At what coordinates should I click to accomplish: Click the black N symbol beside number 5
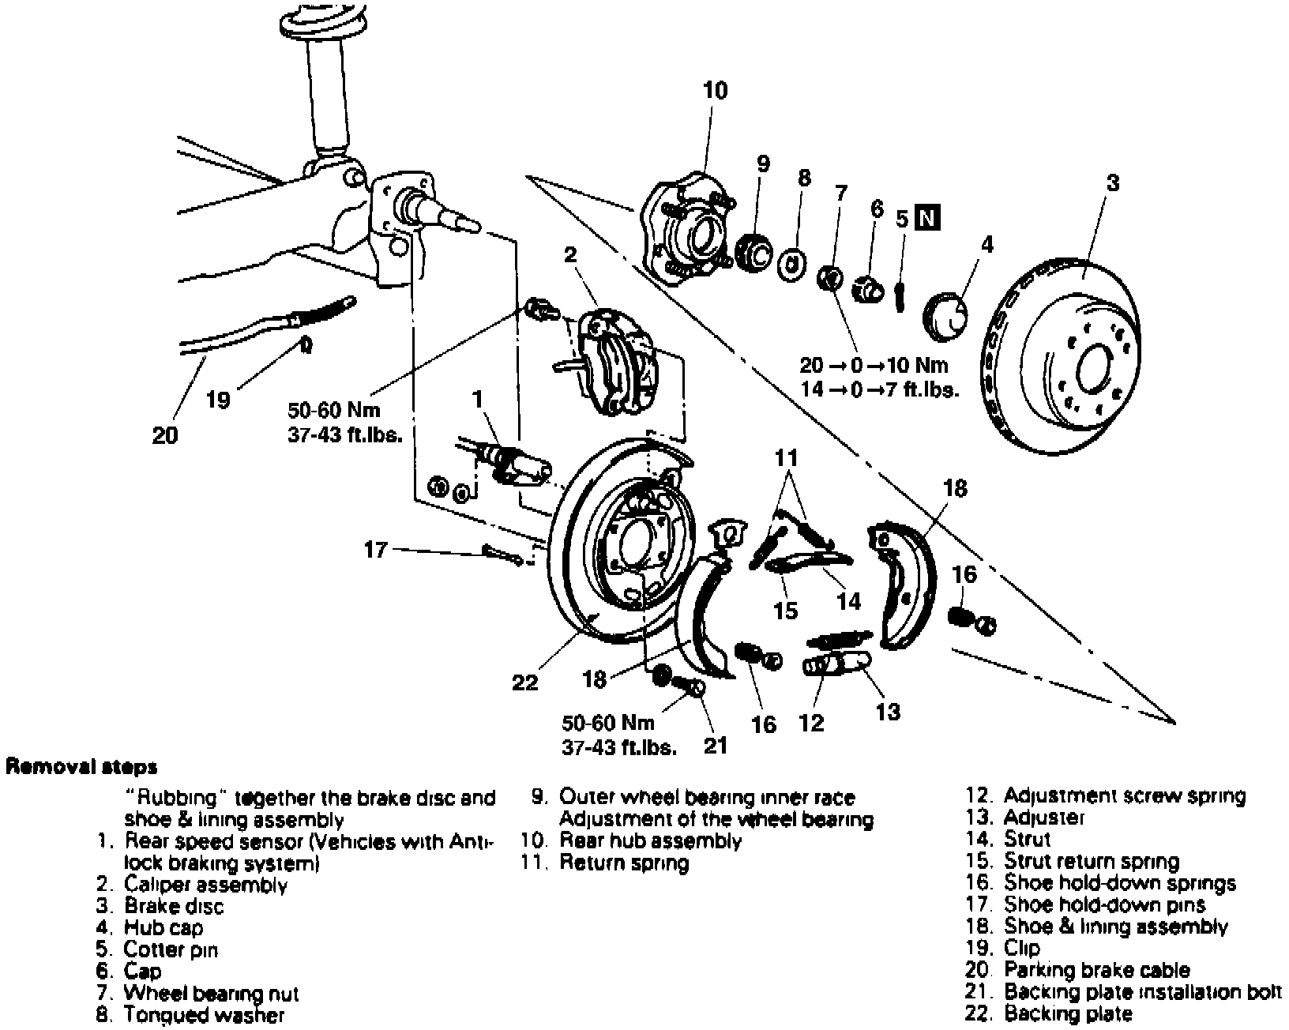click(x=928, y=217)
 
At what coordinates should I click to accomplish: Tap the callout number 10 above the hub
click(x=715, y=91)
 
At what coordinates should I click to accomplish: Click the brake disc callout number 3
click(x=1112, y=183)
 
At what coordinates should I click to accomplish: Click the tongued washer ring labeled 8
click(x=794, y=263)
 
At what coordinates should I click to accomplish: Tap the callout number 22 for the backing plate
click(x=524, y=682)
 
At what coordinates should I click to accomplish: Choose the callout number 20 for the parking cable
click(x=165, y=434)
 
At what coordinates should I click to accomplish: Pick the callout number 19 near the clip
click(x=218, y=400)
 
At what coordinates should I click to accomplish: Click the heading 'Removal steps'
click(x=81, y=766)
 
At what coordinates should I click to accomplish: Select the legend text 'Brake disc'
click(x=174, y=907)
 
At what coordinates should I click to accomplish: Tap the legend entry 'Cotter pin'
click(x=171, y=949)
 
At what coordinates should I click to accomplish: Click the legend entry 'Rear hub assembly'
click(x=650, y=841)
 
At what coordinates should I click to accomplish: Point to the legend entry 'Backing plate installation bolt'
click(x=1142, y=992)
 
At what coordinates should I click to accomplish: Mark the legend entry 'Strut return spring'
click(x=1092, y=862)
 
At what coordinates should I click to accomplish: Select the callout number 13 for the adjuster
click(x=888, y=712)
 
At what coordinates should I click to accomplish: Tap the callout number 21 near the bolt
click(x=715, y=745)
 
